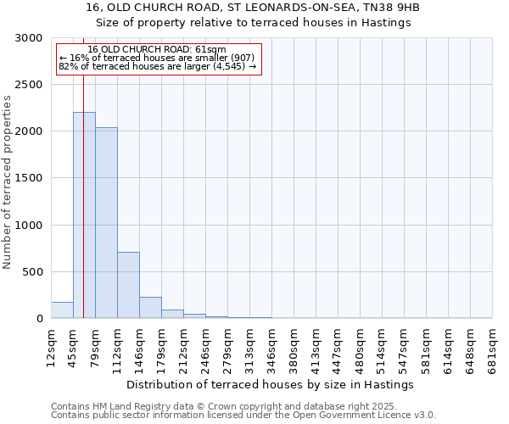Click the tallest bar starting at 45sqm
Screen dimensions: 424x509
coord(84,215)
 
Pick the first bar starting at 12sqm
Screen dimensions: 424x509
coord(62,310)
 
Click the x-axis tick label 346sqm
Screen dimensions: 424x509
coord(271,346)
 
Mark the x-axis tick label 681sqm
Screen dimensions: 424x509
coord(492,346)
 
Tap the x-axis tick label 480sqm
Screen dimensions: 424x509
coord(360,346)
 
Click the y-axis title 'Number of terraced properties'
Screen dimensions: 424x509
coord(8,182)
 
